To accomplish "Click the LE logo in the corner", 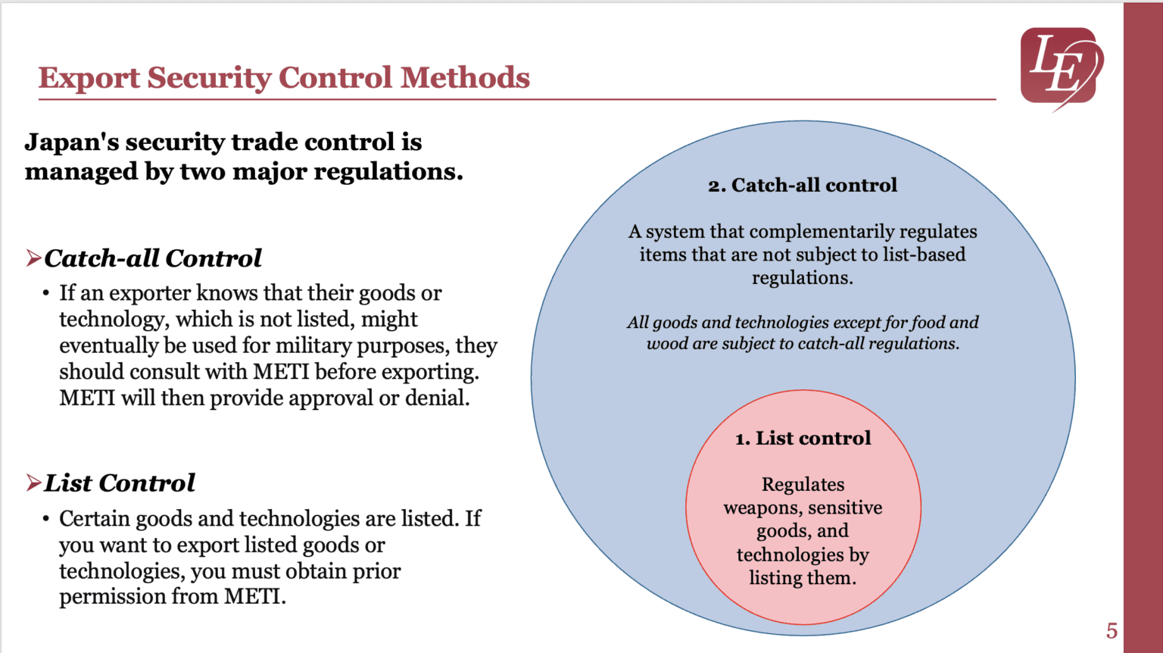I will coord(1060,67).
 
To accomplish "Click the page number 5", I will coord(1112,630).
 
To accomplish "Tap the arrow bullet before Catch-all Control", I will coord(33,258).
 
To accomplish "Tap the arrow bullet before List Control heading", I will coord(33,483).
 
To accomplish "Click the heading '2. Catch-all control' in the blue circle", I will coord(803,186).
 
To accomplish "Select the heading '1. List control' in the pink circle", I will coord(803,439).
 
